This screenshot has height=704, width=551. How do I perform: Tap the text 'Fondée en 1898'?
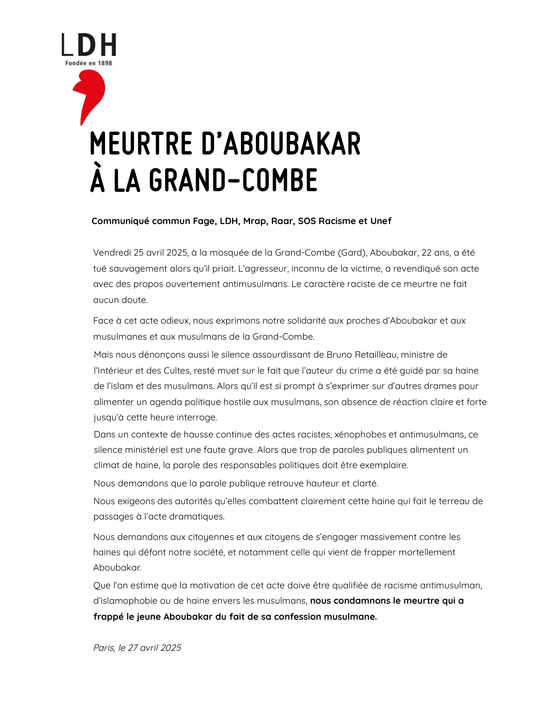point(89,63)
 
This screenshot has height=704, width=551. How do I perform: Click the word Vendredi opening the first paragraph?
point(112,253)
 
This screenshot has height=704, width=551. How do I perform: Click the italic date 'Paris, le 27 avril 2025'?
point(137,648)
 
